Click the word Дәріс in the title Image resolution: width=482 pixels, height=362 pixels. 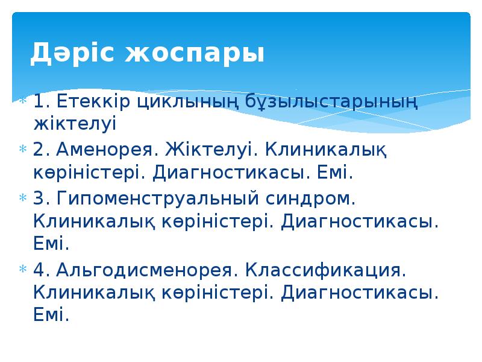71,53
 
